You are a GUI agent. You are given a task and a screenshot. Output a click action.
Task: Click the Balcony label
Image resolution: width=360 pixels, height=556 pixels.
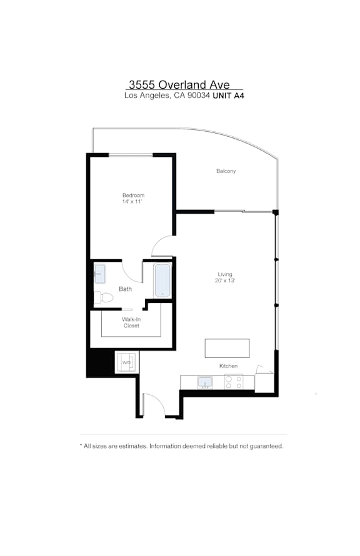pyautogui.click(x=226, y=171)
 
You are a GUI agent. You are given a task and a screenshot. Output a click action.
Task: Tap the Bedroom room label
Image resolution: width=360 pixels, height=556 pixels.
pyautogui.click(x=133, y=195)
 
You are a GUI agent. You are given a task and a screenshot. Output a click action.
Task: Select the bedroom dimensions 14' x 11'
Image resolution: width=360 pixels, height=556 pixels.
pyautogui.click(x=132, y=201)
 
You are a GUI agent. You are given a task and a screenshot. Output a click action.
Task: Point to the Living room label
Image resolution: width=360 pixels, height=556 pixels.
pyautogui.click(x=225, y=274)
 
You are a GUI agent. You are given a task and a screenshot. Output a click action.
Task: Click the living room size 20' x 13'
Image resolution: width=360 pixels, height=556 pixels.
pyautogui.click(x=225, y=280)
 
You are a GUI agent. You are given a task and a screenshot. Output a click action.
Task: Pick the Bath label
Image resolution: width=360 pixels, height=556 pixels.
pyautogui.click(x=125, y=289)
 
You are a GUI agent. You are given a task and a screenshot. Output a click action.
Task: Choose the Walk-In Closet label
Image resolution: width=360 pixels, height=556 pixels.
pyautogui.click(x=131, y=322)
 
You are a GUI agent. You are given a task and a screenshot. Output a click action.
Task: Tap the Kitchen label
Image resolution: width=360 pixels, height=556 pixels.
pyautogui.click(x=228, y=366)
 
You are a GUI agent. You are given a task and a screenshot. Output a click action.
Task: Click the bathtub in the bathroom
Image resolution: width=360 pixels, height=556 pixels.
pyautogui.click(x=162, y=280)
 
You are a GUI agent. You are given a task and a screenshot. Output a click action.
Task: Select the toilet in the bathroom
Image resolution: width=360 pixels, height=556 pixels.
pyautogui.click(x=103, y=297)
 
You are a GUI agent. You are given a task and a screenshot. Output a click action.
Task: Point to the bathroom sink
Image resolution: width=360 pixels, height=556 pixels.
pyautogui.click(x=99, y=274)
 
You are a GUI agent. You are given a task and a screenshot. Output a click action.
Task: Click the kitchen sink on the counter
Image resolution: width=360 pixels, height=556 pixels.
pyautogui.click(x=205, y=382)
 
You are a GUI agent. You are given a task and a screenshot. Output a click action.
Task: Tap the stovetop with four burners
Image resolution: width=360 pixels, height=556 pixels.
pyautogui.click(x=234, y=382)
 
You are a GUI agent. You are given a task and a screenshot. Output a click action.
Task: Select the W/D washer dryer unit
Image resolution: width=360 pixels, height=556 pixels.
pyautogui.click(x=126, y=362)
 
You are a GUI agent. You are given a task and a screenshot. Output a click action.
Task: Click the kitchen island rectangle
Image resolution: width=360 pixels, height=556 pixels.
pyautogui.click(x=227, y=348)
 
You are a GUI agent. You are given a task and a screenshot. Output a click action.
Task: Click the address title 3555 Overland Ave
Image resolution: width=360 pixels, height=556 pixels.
pyautogui.click(x=179, y=84)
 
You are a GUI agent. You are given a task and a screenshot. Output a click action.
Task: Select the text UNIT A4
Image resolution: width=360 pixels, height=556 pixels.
pyautogui.click(x=228, y=96)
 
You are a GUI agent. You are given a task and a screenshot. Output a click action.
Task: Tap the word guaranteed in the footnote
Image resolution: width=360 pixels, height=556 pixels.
pyautogui.click(x=266, y=446)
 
